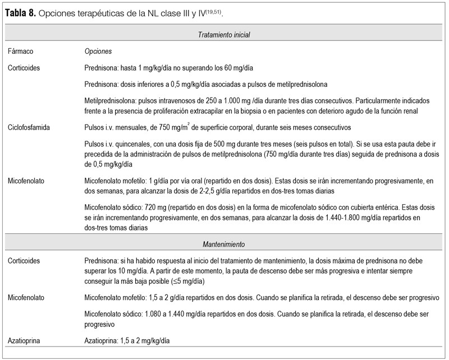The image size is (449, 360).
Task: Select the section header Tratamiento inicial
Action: pyautogui.click(x=224, y=35)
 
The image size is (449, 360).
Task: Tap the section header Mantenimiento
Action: pyautogui.click(x=224, y=244)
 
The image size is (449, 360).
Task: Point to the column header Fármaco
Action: pyautogui.click(x=21, y=51)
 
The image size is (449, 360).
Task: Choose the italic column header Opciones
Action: pyautogui.click(x=98, y=51)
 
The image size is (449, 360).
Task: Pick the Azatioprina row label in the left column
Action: pyautogui.click(x=26, y=340)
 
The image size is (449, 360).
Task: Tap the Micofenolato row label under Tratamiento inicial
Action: pyautogui.click(x=28, y=181)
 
